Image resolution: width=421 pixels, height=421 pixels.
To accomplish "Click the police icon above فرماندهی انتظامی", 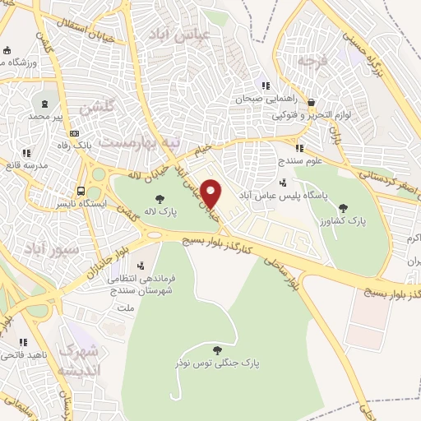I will tap(141, 265).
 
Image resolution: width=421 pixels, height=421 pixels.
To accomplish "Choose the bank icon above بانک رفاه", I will tap(75, 133).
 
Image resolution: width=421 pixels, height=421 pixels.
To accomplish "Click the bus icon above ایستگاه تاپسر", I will tap(81, 188).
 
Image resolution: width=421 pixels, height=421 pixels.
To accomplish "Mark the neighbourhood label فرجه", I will tap(313, 60).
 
